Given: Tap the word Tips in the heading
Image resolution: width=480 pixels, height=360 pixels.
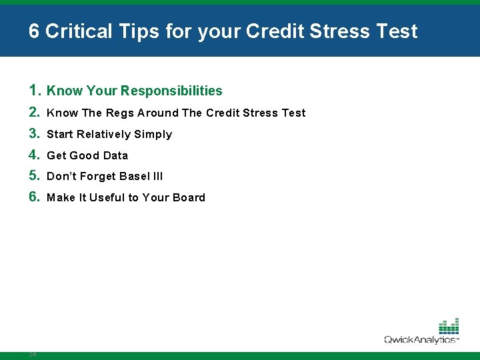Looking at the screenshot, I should point(135,31).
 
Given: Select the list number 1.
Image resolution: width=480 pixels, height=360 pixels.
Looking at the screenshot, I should point(35,90).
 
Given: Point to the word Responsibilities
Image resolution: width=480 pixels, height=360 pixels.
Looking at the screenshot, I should point(171,91).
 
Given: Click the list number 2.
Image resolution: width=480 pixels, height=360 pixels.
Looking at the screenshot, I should point(35,112).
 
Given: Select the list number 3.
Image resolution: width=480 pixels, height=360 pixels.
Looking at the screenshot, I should point(35,133).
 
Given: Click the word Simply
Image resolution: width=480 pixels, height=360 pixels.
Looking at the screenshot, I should point(153,135).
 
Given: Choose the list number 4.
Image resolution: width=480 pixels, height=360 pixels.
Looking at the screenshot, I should point(35,155).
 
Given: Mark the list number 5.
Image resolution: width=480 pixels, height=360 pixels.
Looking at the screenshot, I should point(35,175).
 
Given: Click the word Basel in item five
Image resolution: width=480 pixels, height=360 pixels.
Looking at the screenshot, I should point(135,176).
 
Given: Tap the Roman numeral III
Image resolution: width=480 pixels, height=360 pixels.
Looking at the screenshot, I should point(157,176).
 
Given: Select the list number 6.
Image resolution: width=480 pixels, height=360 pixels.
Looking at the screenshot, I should point(35,197).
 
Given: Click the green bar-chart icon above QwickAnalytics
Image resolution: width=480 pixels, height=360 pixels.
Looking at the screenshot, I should point(449,326).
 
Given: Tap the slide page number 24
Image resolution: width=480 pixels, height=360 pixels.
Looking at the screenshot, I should point(32,354).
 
